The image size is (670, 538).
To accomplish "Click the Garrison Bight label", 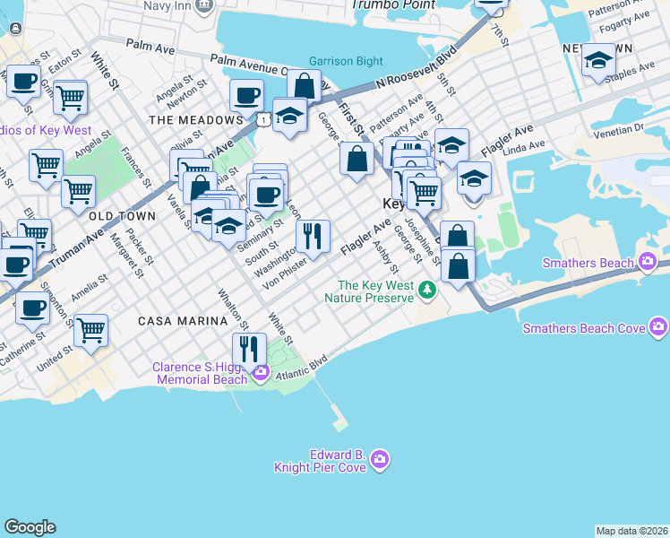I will click(339, 62).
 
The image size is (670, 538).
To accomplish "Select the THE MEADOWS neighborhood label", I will click(195, 119).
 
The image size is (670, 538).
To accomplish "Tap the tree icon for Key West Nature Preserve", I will click(428, 289).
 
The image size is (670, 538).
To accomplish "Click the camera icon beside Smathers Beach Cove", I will click(659, 328).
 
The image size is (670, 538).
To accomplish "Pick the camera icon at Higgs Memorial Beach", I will click(261, 373).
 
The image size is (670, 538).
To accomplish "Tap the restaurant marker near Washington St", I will click(313, 236).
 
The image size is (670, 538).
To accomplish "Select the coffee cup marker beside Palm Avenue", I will click(246, 95).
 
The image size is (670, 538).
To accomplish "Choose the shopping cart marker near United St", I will click(91, 330).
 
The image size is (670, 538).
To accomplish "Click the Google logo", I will click(30, 527).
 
